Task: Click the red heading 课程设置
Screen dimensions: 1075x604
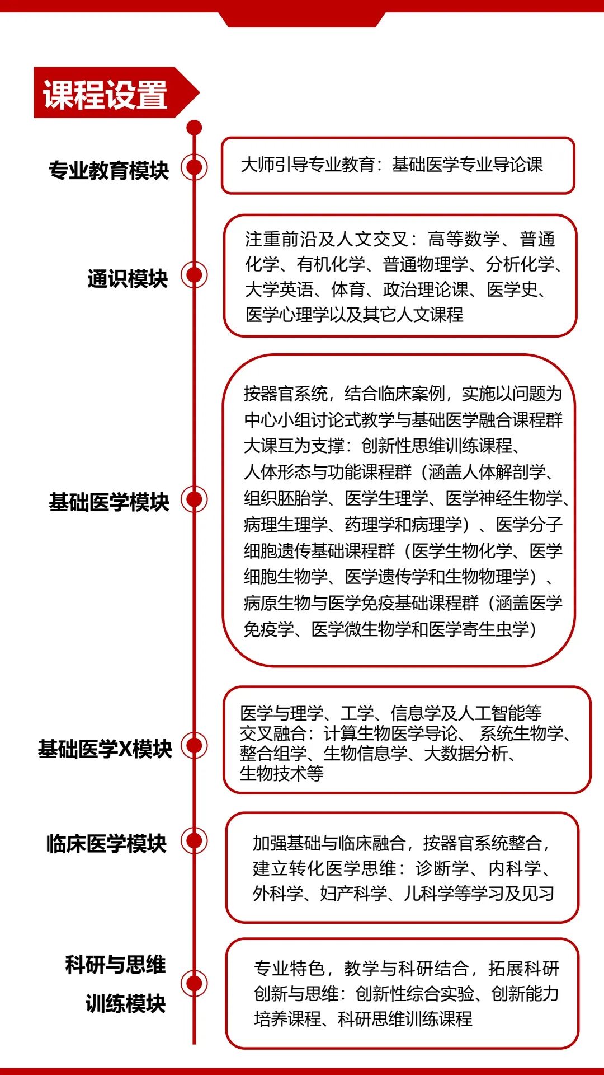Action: (x=105, y=94)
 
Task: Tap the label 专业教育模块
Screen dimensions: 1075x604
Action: (x=108, y=170)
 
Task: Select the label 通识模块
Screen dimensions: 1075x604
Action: (x=128, y=278)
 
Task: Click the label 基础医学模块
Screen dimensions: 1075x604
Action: (x=108, y=502)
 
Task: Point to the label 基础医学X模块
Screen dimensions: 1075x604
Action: (x=105, y=749)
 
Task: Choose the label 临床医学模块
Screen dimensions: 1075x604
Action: (x=106, y=843)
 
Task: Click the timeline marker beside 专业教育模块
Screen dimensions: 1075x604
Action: (x=194, y=167)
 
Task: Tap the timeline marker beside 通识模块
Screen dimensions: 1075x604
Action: (x=194, y=275)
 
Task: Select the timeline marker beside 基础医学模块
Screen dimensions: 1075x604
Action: (x=194, y=499)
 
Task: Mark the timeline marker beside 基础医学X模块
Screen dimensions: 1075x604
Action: (x=194, y=745)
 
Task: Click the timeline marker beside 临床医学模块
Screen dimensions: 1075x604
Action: (x=194, y=840)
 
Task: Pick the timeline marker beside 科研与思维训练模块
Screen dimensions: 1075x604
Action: (x=194, y=983)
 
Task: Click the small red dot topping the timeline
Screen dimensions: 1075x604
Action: (x=194, y=128)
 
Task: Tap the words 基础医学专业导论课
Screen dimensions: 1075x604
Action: (x=468, y=165)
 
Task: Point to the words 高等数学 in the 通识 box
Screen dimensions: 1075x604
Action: (x=464, y=239)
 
